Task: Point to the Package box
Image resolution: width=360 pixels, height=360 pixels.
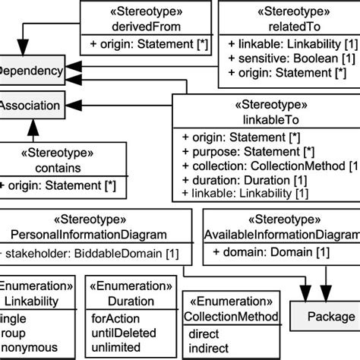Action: [324, 317]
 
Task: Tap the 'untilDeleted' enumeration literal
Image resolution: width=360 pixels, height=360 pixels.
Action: [124, 333]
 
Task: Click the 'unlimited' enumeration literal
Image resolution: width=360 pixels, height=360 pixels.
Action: [116, 347]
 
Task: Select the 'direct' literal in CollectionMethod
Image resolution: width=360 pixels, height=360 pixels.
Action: [203, 334]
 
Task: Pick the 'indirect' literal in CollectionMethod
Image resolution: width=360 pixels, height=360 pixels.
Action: [207, 348]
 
